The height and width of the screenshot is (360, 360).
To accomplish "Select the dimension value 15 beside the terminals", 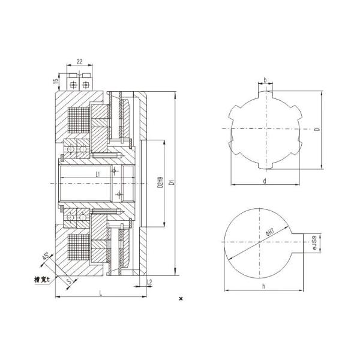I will (56, 81).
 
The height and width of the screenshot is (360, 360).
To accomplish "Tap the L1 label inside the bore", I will (98, 174).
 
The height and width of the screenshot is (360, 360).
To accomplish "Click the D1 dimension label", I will (171, 182).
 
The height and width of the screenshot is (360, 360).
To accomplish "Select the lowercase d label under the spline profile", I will (264, 181).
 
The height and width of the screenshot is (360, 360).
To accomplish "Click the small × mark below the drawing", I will (181, 298).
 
